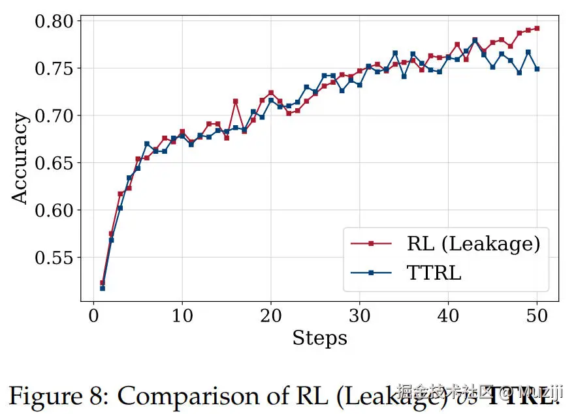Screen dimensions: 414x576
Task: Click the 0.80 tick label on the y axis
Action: coord(55,22)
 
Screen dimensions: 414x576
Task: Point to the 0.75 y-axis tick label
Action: coord(55,68)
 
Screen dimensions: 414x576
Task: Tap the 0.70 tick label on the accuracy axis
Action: coord(55,116)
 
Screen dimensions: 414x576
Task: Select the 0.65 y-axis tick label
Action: coord(55,163)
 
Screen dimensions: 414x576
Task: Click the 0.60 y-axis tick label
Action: coord(55,211)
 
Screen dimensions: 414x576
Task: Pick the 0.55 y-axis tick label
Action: coord(55,258)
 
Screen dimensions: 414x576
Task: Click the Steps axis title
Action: coord(319,338)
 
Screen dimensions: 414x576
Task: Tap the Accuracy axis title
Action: coord(20,158)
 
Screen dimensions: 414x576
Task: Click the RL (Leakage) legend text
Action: coord(473,243)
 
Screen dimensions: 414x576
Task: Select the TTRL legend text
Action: coord(434,273)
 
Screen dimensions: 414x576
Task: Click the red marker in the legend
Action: coord(371,243)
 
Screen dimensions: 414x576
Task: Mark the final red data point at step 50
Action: coord(537,28)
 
